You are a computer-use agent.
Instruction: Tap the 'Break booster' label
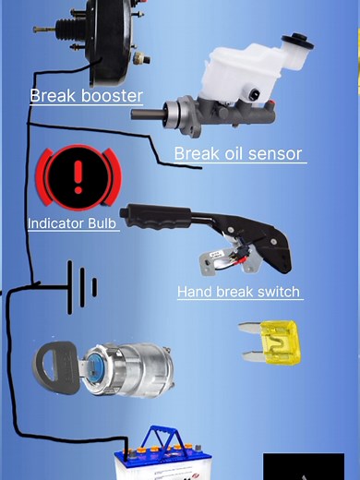tap(86, 96)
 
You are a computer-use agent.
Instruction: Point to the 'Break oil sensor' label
tap(238, 154)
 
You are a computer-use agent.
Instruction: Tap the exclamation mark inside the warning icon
tap(78, 174)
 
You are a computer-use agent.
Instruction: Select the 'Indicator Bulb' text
tap(72, 223)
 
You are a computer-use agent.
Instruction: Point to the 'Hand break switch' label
tap(238, 293)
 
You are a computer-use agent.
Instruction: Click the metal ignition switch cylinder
tap(120, 366)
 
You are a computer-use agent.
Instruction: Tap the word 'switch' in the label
tap(277, 293)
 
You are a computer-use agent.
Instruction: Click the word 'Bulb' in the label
tap(102, 223)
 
